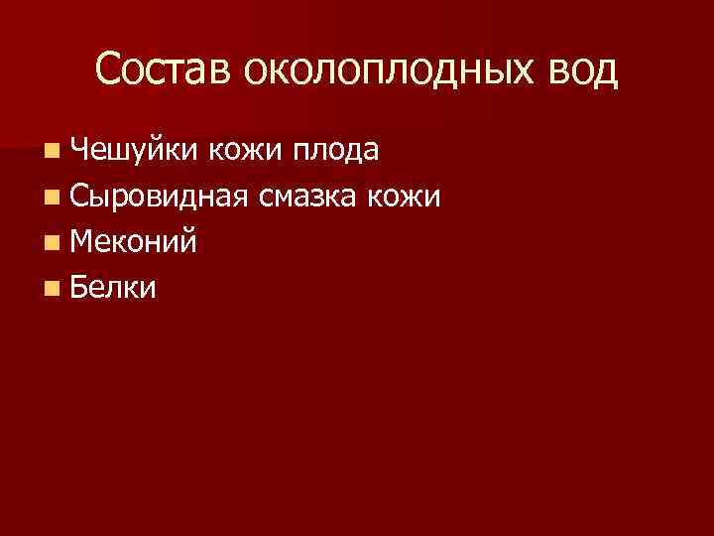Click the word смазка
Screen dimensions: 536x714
pyautogui.click(x=308, y=197)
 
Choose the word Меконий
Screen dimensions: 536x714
pyautogui.click(x=134, y=241)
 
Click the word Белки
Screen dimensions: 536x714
pyautogui.click(x=114, y=287)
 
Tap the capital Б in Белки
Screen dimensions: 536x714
pyautogui.click(x=79, y=287)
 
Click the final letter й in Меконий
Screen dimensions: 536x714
pyautogui.click(x=187, y=241)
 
